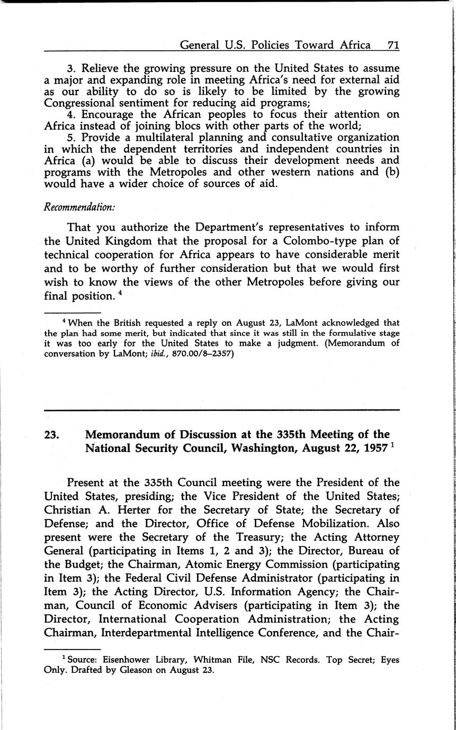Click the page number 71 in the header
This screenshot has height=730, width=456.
click(x=392, y=45)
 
